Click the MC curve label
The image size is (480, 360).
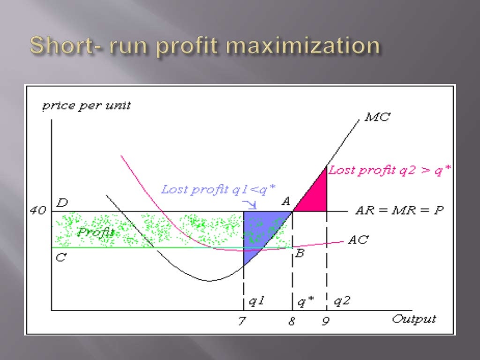377,117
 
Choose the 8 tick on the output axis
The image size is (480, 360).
292,322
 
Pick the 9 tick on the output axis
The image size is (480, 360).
326,322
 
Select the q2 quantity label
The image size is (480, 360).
342,301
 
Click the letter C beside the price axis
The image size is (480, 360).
60,257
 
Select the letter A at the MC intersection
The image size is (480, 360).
286,201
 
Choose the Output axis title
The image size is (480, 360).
414,319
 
